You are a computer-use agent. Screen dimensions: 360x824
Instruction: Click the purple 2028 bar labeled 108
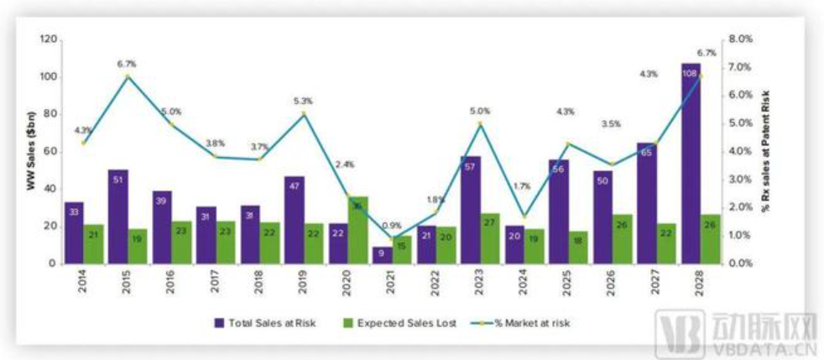pyautogui.click(x=691, y=164)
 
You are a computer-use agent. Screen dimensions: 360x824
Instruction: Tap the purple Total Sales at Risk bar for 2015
pyautogui.click(x=118, y=217)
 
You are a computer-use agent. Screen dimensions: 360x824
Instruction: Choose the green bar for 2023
pyautogui.click(x=490, y=238)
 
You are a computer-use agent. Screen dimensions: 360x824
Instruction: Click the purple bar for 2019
pyautogui.click(x=295, y=220)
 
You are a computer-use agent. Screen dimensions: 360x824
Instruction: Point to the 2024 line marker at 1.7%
pyautogui.click(x=523, y=217)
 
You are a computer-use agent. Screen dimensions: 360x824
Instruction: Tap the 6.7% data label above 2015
pyautogui.click(x=127, y=64)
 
